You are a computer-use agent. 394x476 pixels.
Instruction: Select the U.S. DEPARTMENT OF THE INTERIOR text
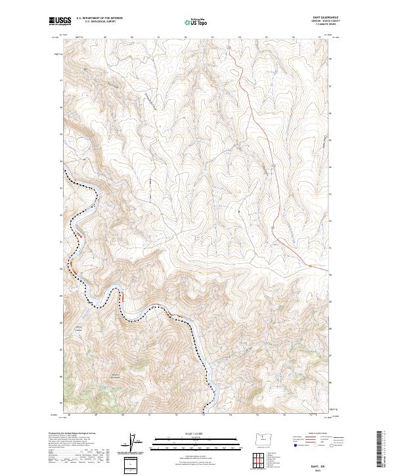(100, 18)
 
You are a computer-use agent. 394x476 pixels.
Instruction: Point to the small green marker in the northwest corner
(85, 68)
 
